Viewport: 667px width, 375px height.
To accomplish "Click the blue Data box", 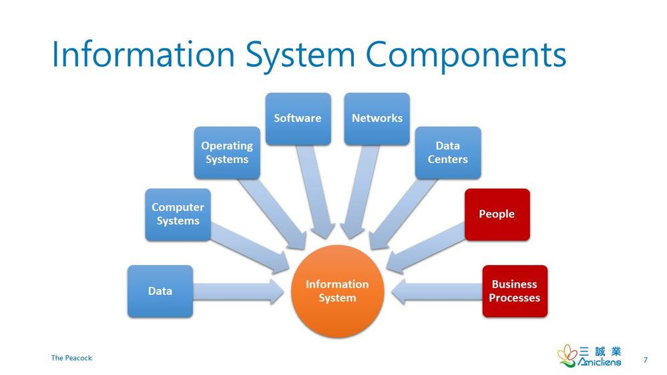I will (x=160, y=291).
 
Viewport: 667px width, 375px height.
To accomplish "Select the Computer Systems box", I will (x=178, y=214).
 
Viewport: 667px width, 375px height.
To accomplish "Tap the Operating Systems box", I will (x=227, y=152).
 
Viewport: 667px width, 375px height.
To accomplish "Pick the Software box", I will (x=298, y=118).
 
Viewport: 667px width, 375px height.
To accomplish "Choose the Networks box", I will (x=377, y=118).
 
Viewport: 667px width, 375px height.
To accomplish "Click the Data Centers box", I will (x=447, y=152).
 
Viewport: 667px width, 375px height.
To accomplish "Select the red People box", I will (x=497, y=214).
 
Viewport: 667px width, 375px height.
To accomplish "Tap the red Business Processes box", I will (x=514, y=291).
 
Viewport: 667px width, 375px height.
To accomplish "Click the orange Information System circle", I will (x=337, y=291).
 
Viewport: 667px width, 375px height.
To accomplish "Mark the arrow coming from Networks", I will (x=359, y=194).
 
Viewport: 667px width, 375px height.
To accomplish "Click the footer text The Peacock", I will (x=71, y=358).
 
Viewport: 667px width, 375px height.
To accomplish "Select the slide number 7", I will (x=645, y=360).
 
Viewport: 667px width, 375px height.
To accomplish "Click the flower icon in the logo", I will (x=568, y=355).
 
